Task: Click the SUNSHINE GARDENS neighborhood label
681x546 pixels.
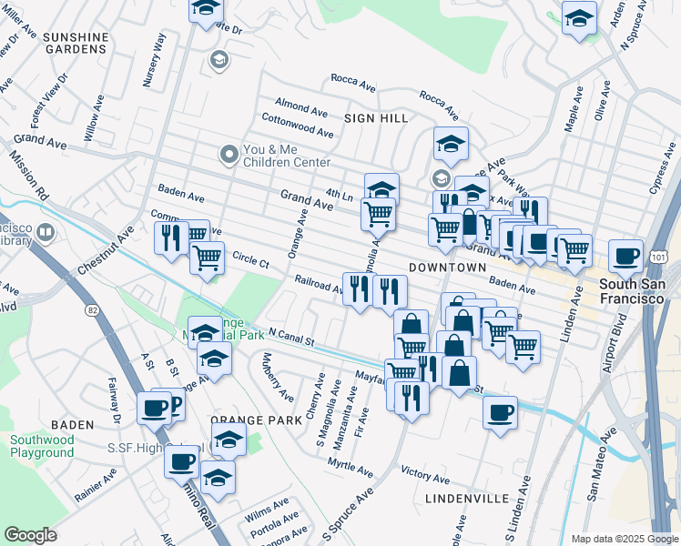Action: [76, 44]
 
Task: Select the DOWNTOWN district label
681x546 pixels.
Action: [447, 268]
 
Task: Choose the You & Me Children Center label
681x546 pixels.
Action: [285, 156]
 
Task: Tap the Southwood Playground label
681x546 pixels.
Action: [42, 446]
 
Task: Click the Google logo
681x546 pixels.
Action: [31, 534]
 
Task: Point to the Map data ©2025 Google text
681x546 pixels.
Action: [624, 539]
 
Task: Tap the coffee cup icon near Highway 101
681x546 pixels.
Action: [625, 257]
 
